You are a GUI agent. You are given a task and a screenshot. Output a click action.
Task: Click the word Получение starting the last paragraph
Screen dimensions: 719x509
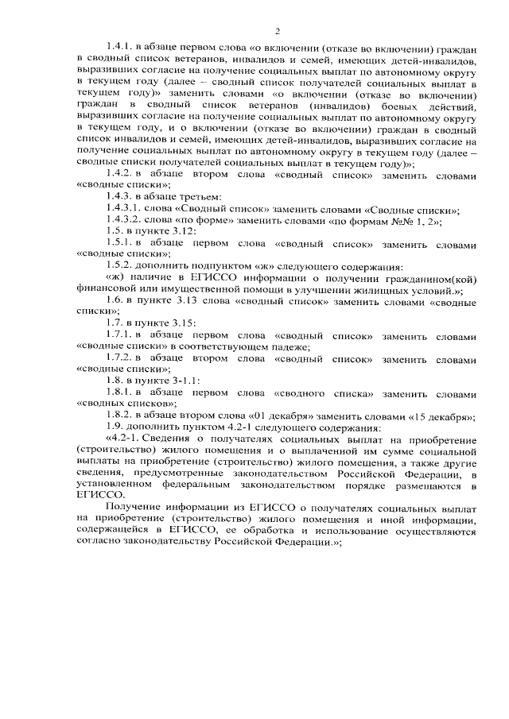(134, 508)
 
